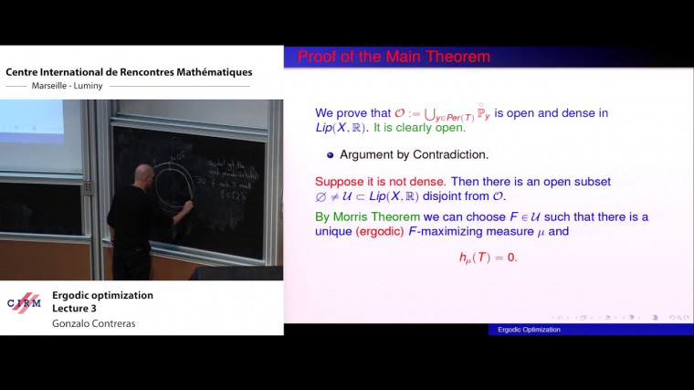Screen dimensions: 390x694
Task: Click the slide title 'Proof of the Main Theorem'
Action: (x=394, y=57)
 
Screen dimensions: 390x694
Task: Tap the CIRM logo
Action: (x=24, y=303)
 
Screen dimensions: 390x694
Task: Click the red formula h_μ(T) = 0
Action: (x=488, y=258)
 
